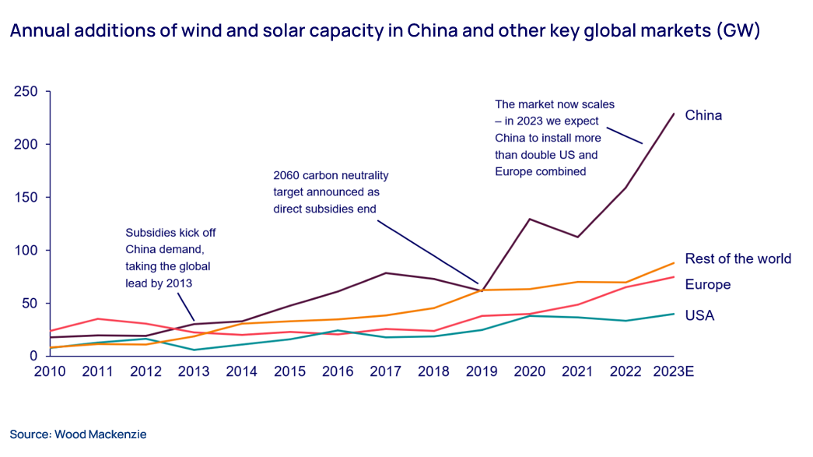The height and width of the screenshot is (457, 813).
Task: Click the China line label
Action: [x=703, y=115]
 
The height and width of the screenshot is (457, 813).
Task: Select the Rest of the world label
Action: [x=738, y=258]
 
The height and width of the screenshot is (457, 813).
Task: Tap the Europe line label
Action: [x=707, y=284]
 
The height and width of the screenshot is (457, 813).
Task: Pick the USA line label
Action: [x=699, y=315]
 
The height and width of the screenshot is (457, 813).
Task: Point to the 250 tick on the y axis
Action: [x=26, y=92]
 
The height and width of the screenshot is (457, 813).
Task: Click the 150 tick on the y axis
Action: [x=26, y=198]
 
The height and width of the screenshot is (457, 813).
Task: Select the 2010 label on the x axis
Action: [x=50, y=371]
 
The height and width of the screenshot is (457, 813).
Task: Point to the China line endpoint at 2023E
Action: [x=674, y=113]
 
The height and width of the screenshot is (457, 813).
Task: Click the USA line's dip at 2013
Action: [x=193, y=350]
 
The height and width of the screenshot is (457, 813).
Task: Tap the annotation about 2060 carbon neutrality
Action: [x=331, y=192]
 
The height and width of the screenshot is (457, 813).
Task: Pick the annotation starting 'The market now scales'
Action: [x=549, y=137]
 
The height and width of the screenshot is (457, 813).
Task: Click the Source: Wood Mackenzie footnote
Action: [x=78, y=434]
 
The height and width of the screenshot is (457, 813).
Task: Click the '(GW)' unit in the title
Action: [x=739, y=32]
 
